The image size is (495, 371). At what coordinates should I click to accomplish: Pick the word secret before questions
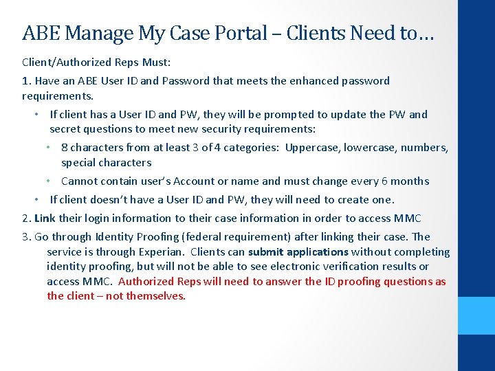point(65,129)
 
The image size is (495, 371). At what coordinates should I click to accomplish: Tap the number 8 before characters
point(64,148)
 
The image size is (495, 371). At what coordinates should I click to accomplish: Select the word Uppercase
point(311,148)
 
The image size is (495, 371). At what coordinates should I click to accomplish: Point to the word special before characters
point(80,163)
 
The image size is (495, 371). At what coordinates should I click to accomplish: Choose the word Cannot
point(79,181)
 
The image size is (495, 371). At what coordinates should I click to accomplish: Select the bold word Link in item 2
point(45,218)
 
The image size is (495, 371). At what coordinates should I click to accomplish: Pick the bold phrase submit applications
point(298,252)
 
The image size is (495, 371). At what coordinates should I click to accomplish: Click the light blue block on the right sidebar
point(476,316)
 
